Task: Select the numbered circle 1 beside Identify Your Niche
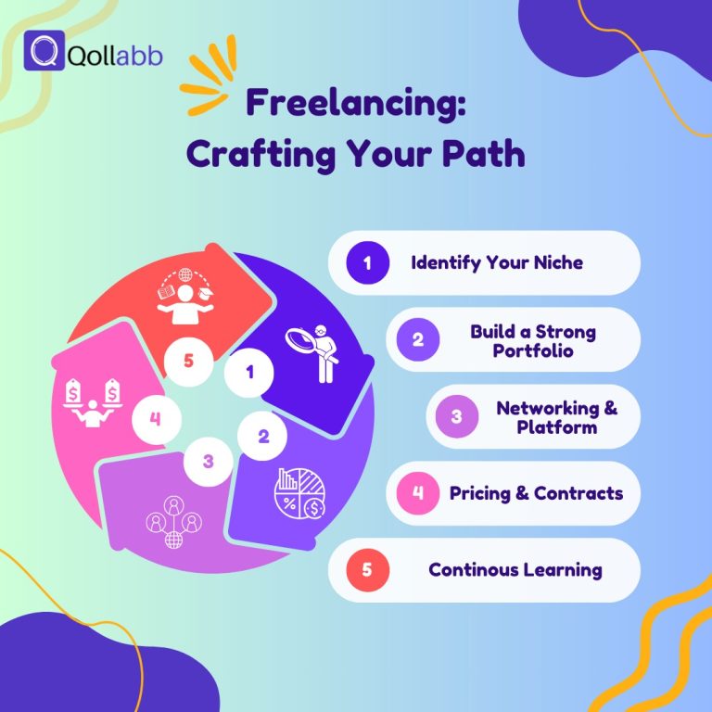pyautogui.click(x=367, y=262)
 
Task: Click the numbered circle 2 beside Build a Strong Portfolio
pyautogui.click(x=418, y=339)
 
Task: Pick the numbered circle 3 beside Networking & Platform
pyautogui.click(x=456, y=416)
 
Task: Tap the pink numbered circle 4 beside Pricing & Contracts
pyautogui.click(x=418, y=492)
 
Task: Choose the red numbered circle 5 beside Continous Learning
pyautogui.click(x=367, y=569)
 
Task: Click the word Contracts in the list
pyautogui.click(x=578, y=492)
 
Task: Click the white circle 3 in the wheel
pyautogui.click(x=208, y=461)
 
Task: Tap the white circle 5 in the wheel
pyautogui.click(x=188, y=360)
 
